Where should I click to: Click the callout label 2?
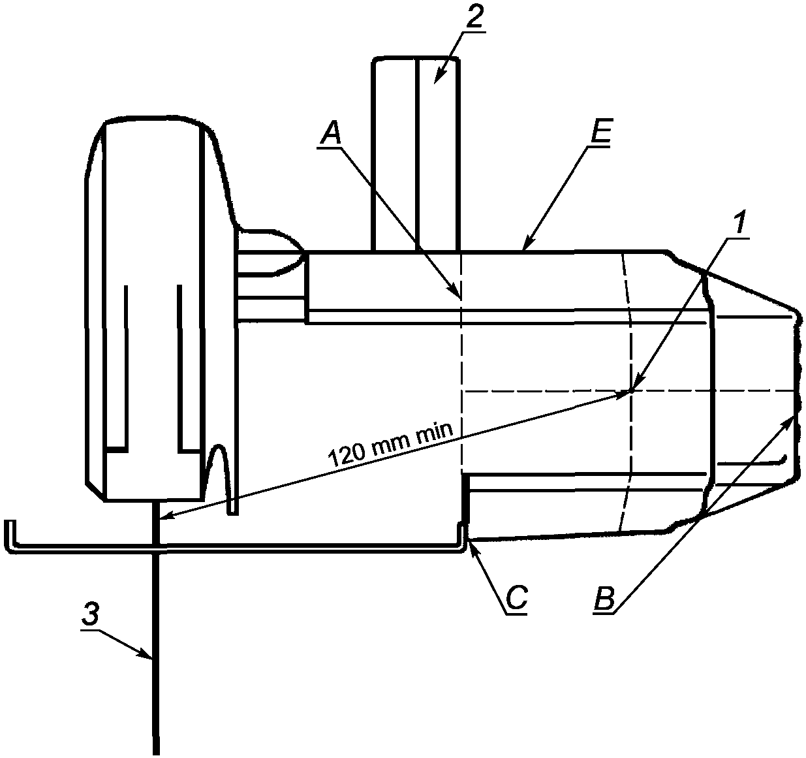coord(474,16)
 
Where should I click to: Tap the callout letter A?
coord(331,134)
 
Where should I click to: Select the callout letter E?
coord(600,131)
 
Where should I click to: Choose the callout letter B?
coord(604,597)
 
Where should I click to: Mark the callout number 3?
coord(90,614)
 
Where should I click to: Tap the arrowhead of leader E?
coord(525,246)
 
